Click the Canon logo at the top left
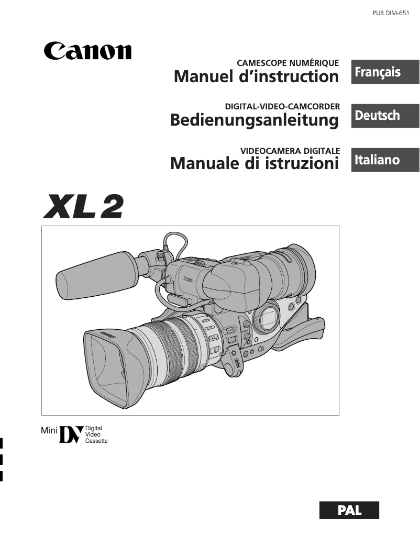tap(87, 51)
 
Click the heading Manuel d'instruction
tap(256, 77)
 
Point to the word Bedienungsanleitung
tap(255, 120)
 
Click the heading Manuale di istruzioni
tap(255, 163)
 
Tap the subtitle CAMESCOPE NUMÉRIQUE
tap(288, 63)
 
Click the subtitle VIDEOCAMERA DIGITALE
tap(290, 150)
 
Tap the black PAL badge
tap(349, 510)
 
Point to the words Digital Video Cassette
tap(96, 434)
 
